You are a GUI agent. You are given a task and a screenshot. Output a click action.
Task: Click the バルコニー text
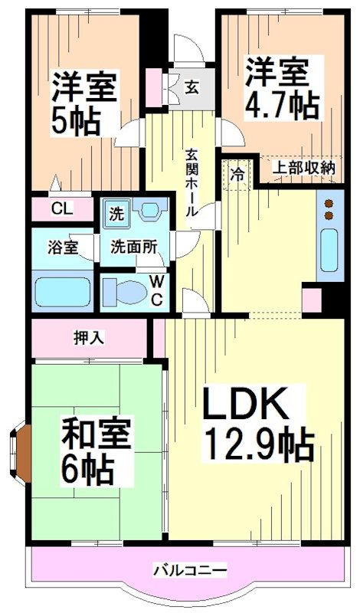pos(190,570)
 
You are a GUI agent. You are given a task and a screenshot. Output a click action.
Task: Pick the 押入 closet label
pos(85,335)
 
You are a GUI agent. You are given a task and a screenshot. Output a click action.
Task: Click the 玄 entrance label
pos(191,87)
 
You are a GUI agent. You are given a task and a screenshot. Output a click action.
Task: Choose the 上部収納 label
pos(306,167)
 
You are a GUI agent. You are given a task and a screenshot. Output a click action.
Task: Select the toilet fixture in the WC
pos(125,291)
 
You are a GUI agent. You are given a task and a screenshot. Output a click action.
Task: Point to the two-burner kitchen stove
pos(329,209)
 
